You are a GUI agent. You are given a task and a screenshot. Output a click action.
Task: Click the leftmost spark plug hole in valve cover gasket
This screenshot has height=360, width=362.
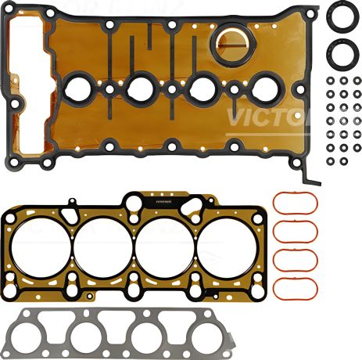coord(79,88)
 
